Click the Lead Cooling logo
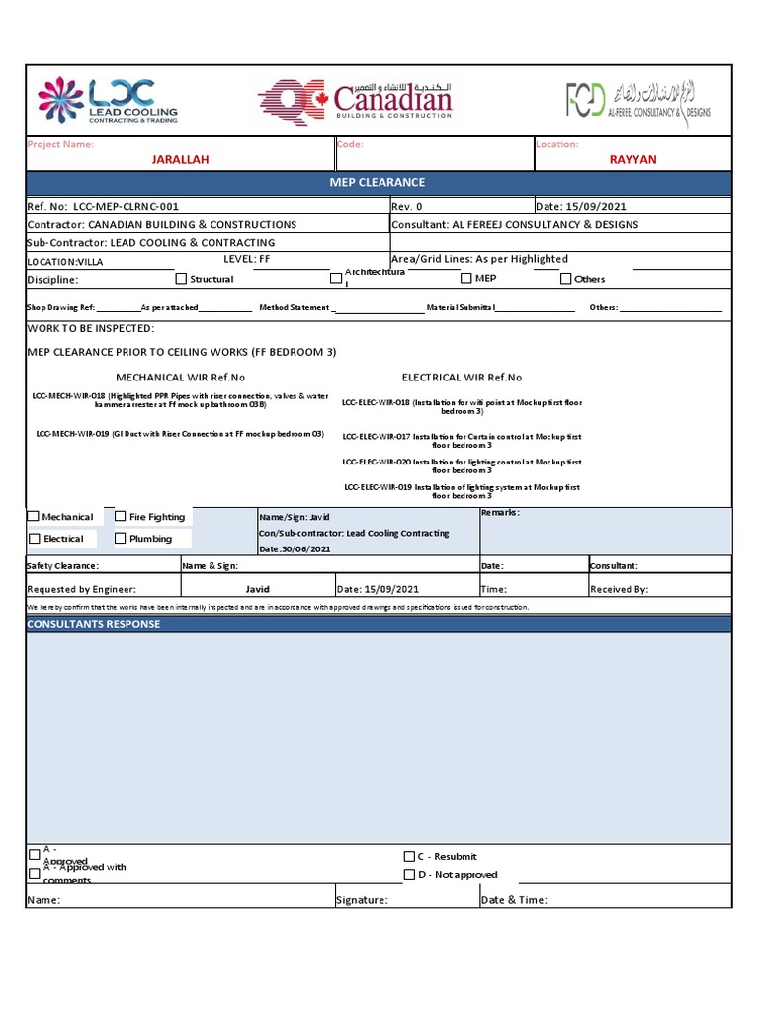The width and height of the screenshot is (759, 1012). (x=109, y=100)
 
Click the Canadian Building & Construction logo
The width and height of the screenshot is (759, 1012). (x=356, y=100)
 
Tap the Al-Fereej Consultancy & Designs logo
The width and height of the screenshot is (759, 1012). (x=637, y=100)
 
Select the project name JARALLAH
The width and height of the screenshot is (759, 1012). (x=180, y=159)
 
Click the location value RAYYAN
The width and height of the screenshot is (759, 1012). (x=632, y=159)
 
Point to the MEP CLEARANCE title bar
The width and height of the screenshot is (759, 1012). (x=379, y=183)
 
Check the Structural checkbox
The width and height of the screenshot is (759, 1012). (x=181, y=279)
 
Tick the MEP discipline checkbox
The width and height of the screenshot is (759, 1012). (x=465, y=278)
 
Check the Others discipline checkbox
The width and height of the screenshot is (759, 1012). (x=565, y=279)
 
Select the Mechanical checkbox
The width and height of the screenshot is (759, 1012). (x=34, y=517)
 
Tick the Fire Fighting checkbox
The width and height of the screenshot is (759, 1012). (x=121, y=516)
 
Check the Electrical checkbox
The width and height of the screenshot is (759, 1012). (x=35, y=539)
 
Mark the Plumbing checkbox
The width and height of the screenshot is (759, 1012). (x=121, y=539)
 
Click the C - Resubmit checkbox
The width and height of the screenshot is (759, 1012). (x=409, y=856)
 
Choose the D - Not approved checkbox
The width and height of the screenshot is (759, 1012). (x=409, y=875)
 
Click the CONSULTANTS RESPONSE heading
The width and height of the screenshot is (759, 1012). (x=94, y=624)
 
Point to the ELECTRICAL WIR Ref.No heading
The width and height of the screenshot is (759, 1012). (x=462, y=378)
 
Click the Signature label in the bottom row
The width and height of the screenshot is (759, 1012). (x=362, y=900)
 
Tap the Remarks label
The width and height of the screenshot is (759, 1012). (x=499, y=513)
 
